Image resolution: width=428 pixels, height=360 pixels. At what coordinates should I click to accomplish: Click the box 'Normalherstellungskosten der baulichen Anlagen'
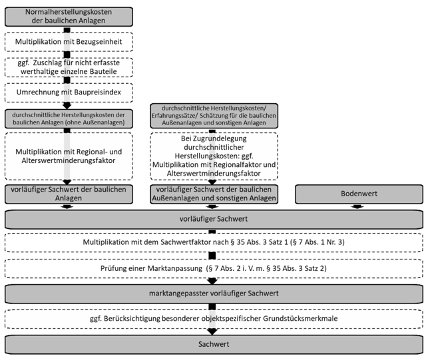tap(69, 17)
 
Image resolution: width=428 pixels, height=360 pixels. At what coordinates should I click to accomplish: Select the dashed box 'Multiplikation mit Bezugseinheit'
tap(69, 42)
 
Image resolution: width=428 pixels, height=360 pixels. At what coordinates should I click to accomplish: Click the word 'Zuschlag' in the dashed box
tap(45, 63)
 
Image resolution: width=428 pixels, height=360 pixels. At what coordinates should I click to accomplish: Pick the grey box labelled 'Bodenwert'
tap(359, 194)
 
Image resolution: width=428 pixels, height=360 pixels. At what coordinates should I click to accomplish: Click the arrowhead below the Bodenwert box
tap(357, 206)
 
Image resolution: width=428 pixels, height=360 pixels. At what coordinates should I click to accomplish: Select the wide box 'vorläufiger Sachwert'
tap(214, 219)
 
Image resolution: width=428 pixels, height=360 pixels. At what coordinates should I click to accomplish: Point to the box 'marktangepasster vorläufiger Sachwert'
tap(214, 293)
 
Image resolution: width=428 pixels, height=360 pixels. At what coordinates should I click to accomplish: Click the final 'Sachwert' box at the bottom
tap(214, 345)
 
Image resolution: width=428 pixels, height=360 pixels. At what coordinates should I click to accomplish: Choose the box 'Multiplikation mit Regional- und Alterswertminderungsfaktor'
tap(69, 156)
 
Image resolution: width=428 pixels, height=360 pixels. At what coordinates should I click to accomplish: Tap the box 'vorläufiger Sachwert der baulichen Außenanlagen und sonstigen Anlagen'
tap(214, 194)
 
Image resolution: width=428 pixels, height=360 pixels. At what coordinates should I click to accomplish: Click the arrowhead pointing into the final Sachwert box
tap(212, 331)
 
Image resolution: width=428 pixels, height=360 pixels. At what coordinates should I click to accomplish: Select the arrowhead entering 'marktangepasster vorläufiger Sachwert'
tap(212, 281)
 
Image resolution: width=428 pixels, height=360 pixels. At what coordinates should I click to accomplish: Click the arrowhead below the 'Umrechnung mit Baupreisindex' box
tap(67, 106)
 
